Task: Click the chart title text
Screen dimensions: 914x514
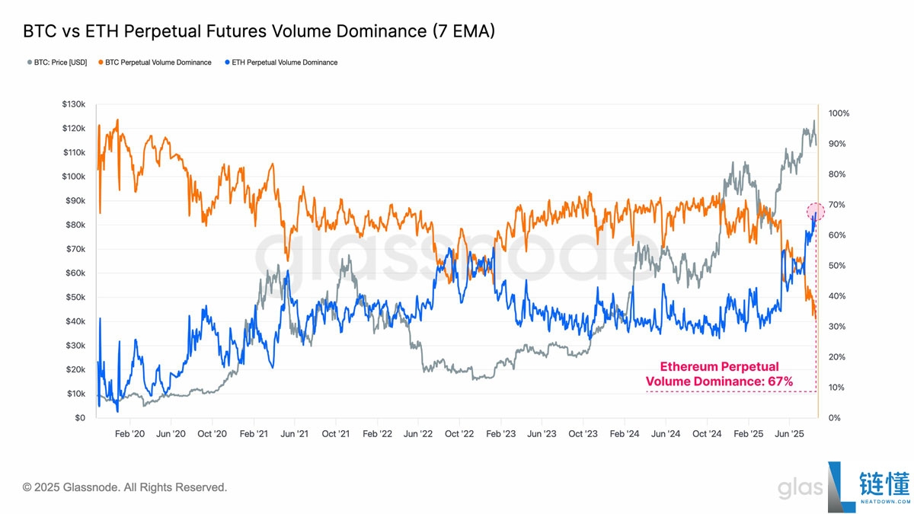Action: tap(259, 31)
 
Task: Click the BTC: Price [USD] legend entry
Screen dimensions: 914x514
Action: tap(57, 62)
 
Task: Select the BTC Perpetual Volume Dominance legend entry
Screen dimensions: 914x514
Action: tap(155, 62)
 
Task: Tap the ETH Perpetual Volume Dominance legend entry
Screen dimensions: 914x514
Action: tap(281, 62)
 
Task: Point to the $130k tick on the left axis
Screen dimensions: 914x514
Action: tap(73, 104)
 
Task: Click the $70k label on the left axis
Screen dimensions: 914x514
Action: tap(75, 249)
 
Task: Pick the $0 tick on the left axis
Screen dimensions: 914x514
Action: tap(80, 418)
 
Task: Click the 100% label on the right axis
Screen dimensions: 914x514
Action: tap(839, 113)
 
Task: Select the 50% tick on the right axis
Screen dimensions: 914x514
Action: tap(837, 266)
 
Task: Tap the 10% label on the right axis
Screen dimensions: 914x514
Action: tap(836, 388)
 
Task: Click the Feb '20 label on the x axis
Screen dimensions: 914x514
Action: tap(129, 433)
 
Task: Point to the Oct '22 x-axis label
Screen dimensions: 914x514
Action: tap(459, 433)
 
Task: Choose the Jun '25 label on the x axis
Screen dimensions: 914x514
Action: tap(789, 433)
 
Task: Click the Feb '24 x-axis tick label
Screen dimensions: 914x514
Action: tap(625, 433)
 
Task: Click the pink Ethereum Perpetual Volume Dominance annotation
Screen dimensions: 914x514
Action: tap(719, 374)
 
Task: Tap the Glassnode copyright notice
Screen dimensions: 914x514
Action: tap(124, 487)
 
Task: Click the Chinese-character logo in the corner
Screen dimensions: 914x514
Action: tap(884, 483)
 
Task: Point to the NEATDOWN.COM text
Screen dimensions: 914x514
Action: tap(885, 502)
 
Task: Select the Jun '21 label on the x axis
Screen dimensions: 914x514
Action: tap(294, 433)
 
